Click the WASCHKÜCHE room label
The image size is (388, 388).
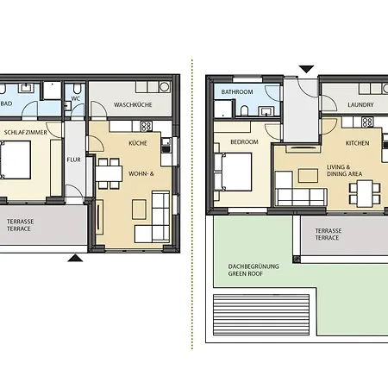(x=133, y=104)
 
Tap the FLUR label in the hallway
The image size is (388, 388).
(x=74, y=160)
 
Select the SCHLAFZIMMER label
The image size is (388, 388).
(x=26, y=133)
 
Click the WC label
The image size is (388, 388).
(x=76, y=98)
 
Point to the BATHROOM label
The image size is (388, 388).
(x=237, y=92)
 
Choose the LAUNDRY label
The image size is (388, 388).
(x=360, y=105)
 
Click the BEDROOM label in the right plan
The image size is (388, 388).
(x=244, y=142)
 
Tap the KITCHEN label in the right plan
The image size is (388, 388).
(x=357, y=143)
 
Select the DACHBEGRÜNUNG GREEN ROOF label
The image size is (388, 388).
(x=253, y=270)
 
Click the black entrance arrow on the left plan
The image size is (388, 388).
(x=75, y=258)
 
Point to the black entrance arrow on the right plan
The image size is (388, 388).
(x=306, y=69)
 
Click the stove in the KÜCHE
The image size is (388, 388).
(x=146, y=126)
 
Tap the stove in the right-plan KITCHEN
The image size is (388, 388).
(x=367, y=122)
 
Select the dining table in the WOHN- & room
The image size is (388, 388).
(x=109, y=173)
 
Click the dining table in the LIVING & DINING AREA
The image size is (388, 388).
(x=365, y=193)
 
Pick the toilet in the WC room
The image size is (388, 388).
(x=78, y=89)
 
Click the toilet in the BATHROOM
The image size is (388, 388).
(x=244, y=111)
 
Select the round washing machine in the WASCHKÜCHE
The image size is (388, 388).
(x=165, y=87)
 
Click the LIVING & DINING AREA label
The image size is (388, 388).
(x=344, y=171)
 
